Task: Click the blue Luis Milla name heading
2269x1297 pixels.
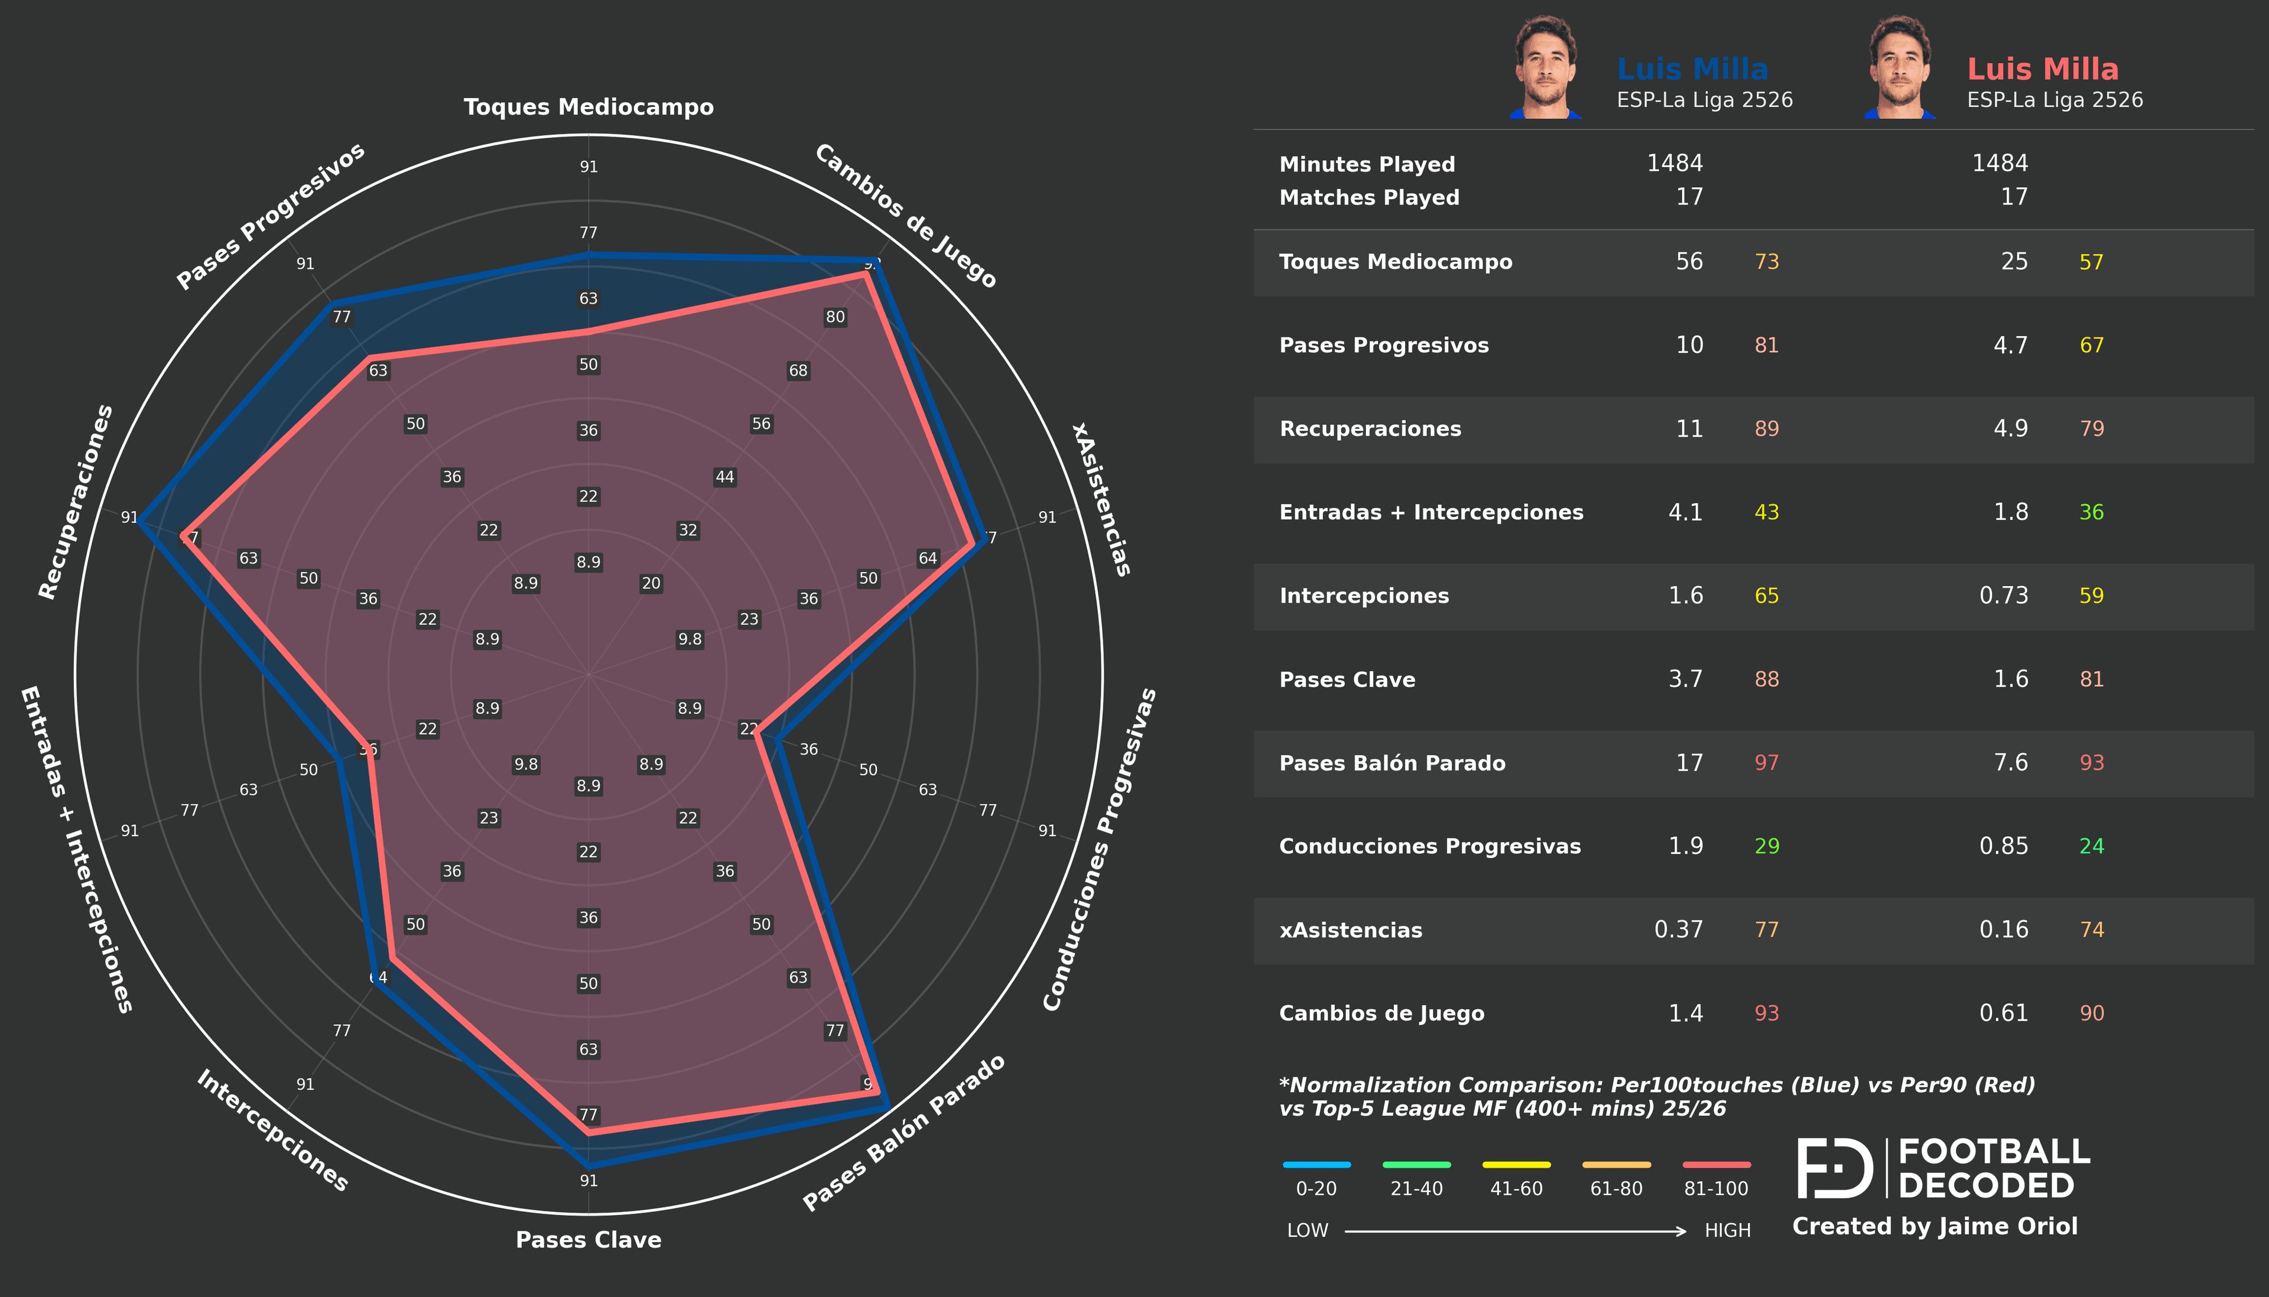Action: click(x=1692, y=69)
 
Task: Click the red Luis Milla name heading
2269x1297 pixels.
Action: click(x=2042, y=69)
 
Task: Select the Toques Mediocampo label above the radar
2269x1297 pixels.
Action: click(x=589, y=107)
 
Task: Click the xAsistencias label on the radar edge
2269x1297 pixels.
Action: click(x=1101, y=499)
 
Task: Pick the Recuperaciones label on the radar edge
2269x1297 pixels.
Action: click(x=76, y=502)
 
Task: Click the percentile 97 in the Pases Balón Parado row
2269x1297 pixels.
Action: click(x=1766, y=762)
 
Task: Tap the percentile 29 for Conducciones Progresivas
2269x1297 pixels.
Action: click(x=1766, y=846)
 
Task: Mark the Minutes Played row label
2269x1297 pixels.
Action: click(x=1367, y=164)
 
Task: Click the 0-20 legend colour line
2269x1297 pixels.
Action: click(x=1316, y=1164)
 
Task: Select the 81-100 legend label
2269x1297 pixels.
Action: click(x=1715, y=1188)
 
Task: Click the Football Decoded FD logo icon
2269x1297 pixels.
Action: click(x=1835, y=1168)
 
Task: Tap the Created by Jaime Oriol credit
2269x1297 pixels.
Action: click(x=1934, y=1227)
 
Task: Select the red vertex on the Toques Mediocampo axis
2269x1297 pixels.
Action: click(x=588, y=331)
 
